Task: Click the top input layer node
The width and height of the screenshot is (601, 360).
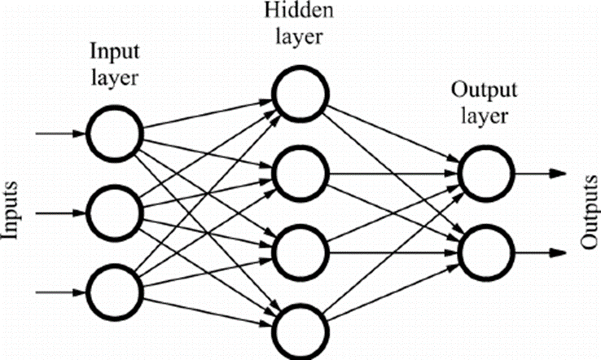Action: coord(116,133)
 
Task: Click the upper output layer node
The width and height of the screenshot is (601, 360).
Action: coord(485,173)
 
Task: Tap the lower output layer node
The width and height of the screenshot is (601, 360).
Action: coord(485,252)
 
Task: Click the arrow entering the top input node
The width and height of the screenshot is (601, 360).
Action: coord(61,133)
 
